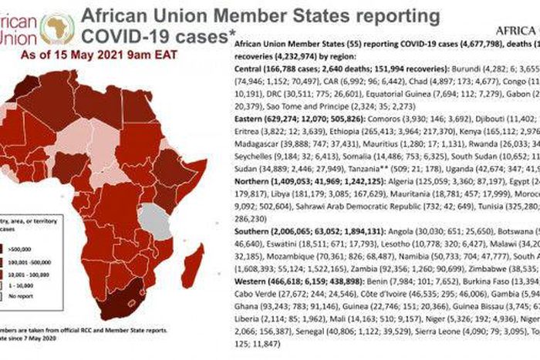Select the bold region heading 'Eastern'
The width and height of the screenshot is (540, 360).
click(248, 120)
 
